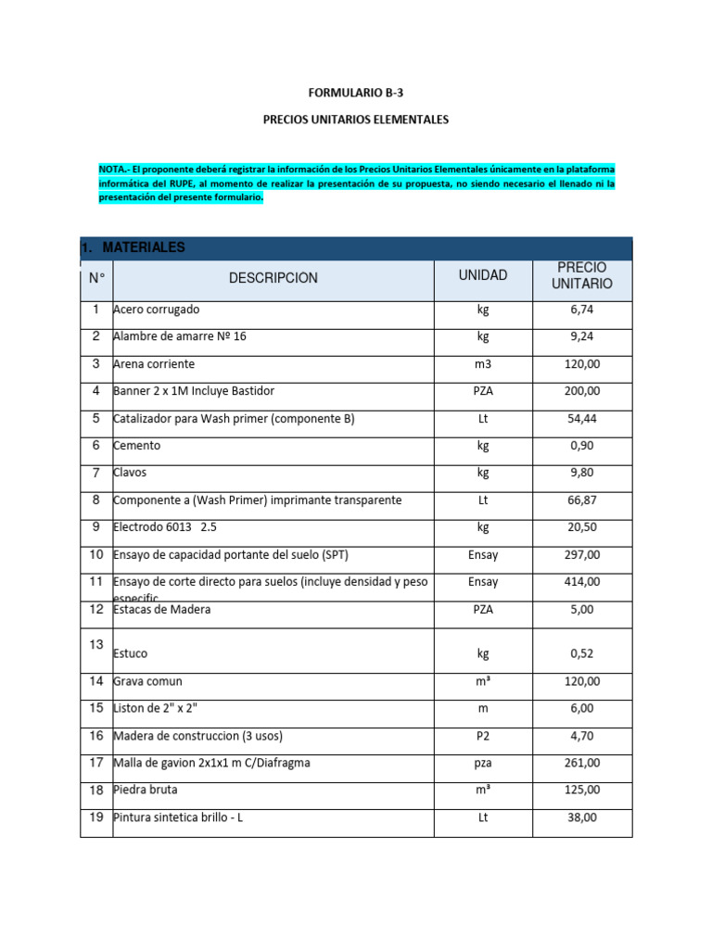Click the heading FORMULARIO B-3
coord(356,93)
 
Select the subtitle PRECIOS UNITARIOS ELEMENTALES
coord(356,120)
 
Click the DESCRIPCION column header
coord(273,278)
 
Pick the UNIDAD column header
coord(483,275)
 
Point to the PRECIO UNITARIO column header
coord(582,275)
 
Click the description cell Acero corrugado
coord(156,310)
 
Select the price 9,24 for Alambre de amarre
coord(582,337)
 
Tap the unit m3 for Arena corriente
coord(483,364)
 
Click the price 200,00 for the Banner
coord(582,391)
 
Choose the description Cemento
coord(136,446)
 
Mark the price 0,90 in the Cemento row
coord(582,446)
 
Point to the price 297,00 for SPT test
coord(582,555)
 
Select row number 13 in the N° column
coord(96,644)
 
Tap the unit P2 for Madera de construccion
coord(483,736)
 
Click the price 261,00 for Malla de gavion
coord(582,764)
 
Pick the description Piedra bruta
coord(145,791)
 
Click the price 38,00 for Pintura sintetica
coord(582,818)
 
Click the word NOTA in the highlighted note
coord(113,170)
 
